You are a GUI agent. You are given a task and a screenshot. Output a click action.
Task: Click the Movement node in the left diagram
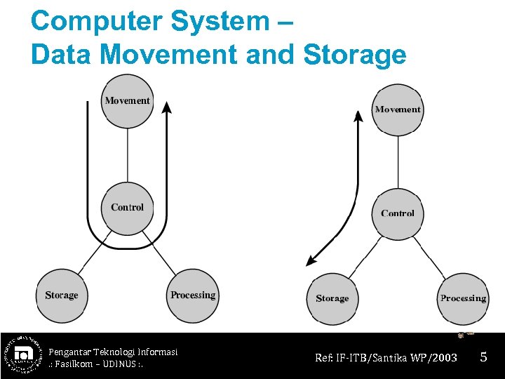[x=127, y=101]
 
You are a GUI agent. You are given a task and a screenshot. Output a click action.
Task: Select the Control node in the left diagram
[x=127, y=208]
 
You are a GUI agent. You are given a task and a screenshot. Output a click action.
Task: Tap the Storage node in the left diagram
[x=62, y=295]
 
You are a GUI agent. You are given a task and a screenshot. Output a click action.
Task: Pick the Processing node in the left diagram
[x=193, y=295]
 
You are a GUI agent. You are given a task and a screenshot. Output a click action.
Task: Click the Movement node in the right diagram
[x=398, y=109]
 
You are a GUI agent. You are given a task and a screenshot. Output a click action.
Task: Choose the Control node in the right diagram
[x=398, y=213]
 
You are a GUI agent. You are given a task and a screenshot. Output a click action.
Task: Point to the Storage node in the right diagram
[x=332, y=299]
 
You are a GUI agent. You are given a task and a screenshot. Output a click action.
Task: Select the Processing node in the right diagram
[x=463, y=299]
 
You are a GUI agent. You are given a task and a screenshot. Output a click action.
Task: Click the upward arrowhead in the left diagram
[x=166, y=107]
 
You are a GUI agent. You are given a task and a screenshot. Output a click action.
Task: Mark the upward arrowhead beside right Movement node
[x=358, y=117]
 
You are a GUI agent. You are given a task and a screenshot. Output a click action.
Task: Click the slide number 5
[x=483, y=357]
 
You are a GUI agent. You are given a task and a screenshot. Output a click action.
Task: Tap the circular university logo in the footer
[x=22, y=354]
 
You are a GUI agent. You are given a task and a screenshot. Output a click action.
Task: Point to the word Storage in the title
[x=355, y=54]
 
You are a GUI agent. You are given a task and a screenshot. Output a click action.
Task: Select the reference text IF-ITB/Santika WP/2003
[x=398, y=358]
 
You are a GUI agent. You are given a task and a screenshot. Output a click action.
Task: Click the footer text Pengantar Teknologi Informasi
[x=113, y=351]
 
